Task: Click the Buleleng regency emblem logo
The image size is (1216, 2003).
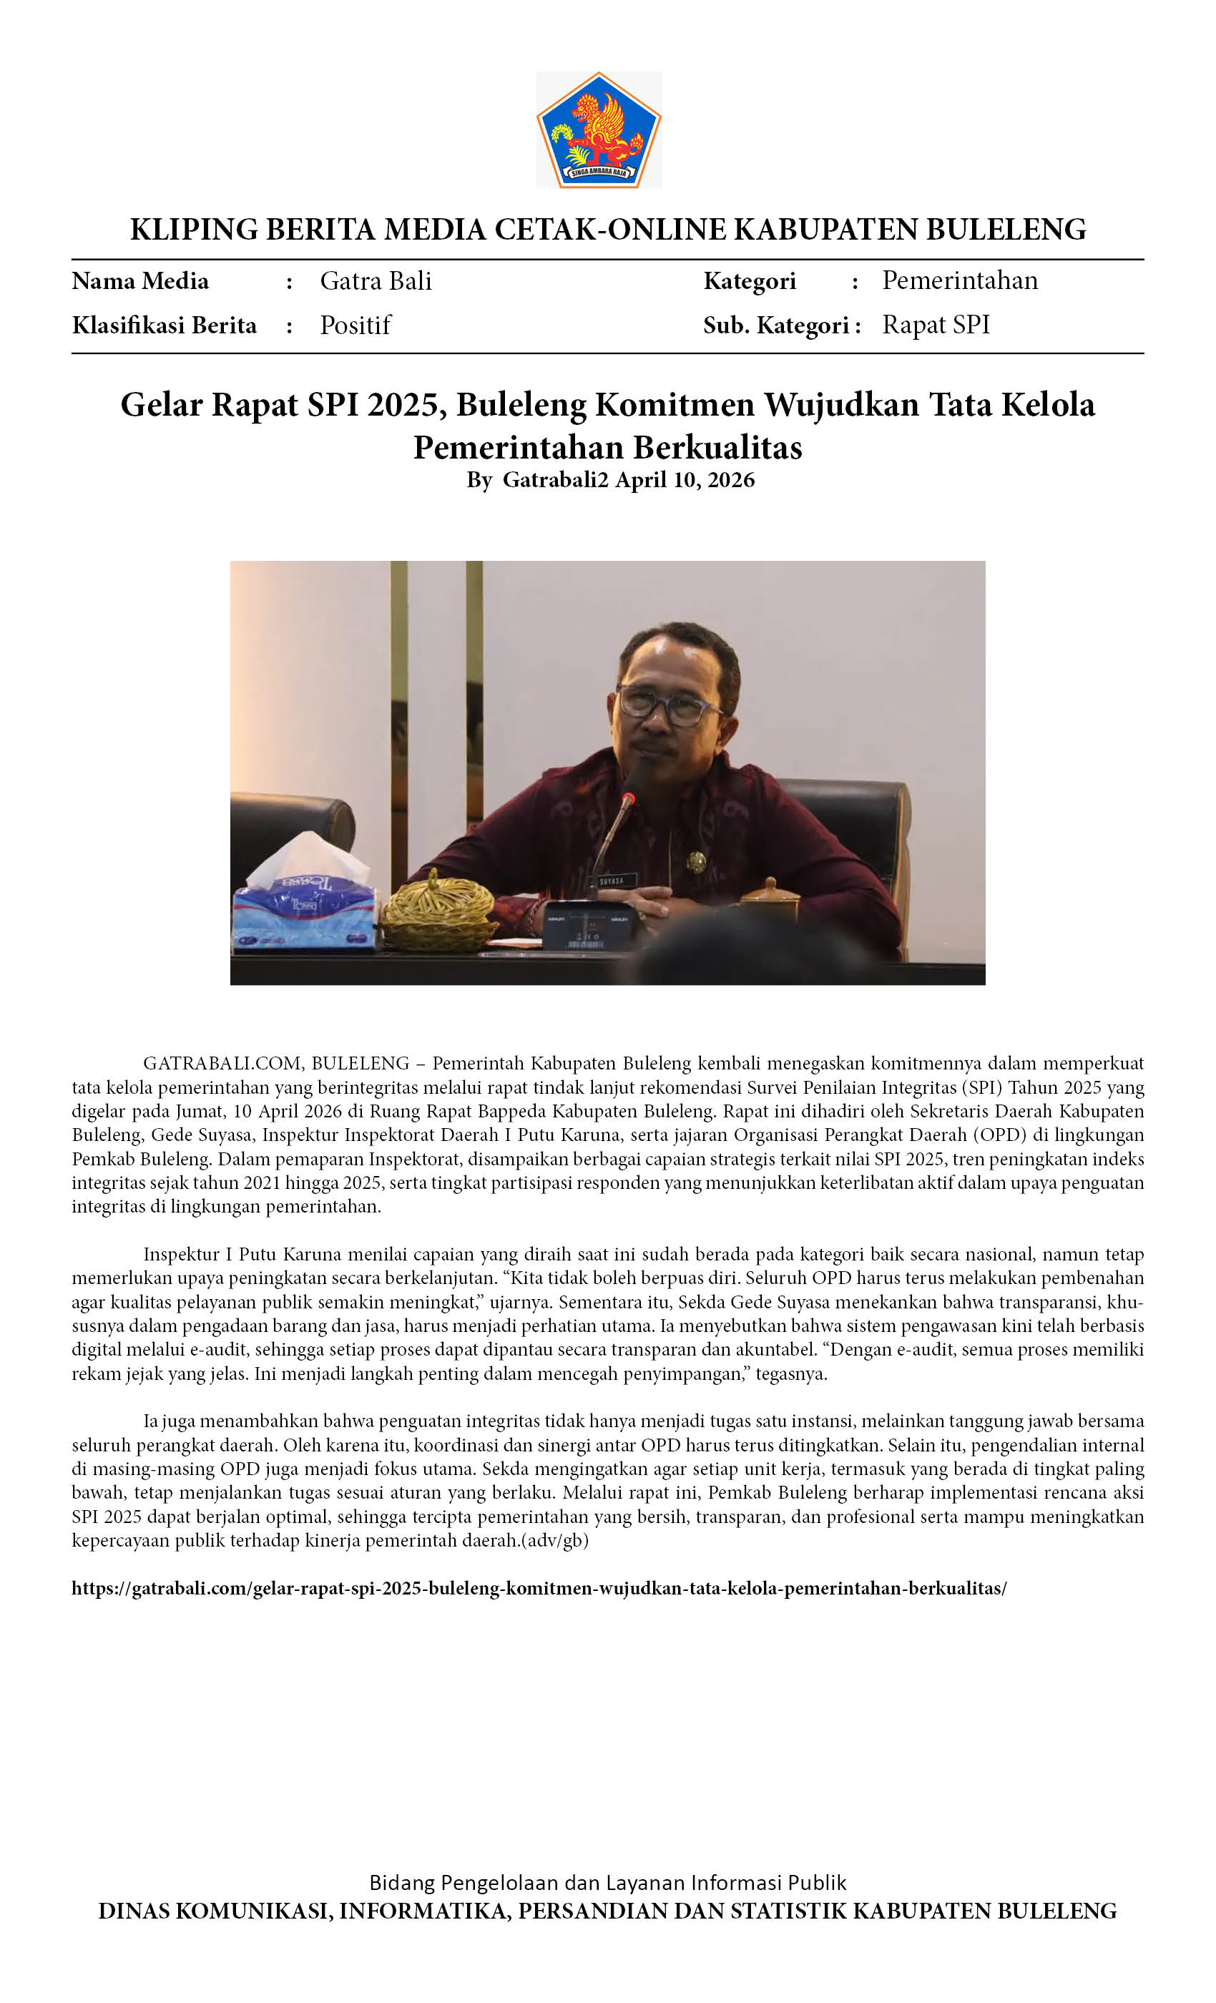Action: [x=598, y=130]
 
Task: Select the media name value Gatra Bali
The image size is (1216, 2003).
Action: [x=376, y=281]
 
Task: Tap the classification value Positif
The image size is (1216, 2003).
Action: [x=356, y=325]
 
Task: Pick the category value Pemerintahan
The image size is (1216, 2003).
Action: [x=960, y=280]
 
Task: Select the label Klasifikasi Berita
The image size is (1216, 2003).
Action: [x=165, y=325]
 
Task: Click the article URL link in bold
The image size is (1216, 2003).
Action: [x=539, y=1588]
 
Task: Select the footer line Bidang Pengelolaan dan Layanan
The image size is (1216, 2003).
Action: [x=607, y=1883]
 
